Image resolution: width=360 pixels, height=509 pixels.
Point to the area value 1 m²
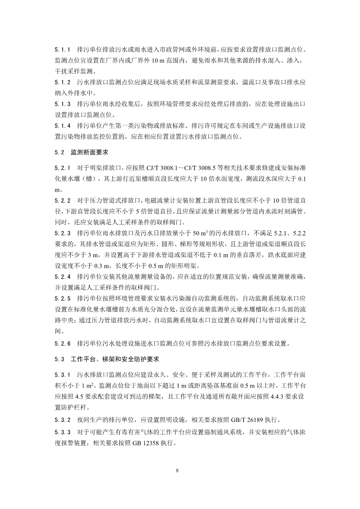point(89,385)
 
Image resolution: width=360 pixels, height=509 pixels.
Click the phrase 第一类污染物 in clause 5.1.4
point(134,126)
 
